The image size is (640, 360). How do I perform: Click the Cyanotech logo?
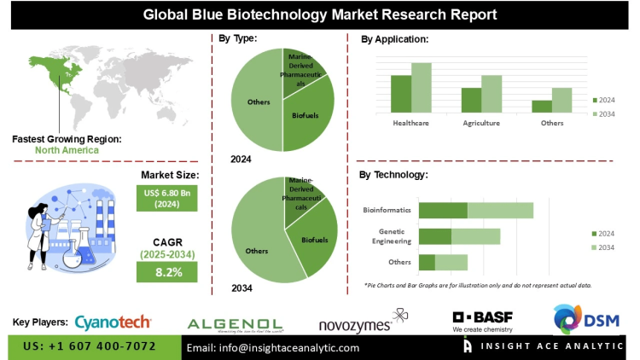pos(113,322)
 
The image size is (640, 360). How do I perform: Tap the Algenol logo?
pos(235,323)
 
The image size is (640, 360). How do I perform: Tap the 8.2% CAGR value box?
pos(167,271)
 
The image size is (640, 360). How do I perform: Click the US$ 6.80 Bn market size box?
pos(167,199)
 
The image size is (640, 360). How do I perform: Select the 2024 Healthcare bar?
pos(401,93)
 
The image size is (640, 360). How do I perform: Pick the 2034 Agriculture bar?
pos(491,93)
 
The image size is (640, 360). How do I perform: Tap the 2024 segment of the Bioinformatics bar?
pos(443,210)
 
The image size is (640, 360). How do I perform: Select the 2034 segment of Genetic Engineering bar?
pos(475,236)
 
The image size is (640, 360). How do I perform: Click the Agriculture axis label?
pos(481,124)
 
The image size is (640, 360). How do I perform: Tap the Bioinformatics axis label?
pos(387,210)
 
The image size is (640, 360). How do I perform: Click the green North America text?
pos(67,150)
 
